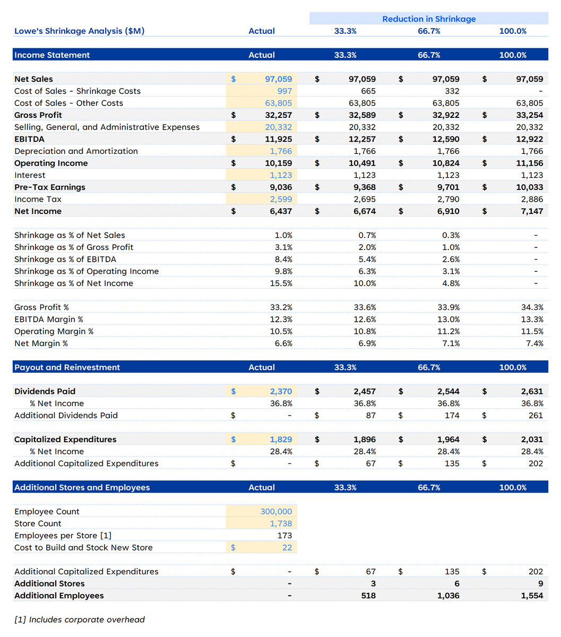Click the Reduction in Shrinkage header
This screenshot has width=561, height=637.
click(x=429, y=19)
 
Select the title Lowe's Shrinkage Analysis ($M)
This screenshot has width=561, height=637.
click(x=80, y=31)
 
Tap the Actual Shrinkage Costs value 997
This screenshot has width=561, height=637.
click(x=284, y=91)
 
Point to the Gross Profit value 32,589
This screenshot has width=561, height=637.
click(x=362, y=115)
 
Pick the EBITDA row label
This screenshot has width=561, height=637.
click(x=30, y=139)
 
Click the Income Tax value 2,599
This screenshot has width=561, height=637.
click(x=281, y=199)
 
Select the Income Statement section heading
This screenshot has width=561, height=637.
click(x=52, y=55)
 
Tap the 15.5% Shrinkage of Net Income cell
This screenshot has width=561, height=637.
click(x=281, y=283)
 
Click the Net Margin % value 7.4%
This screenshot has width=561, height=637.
click(x=534, y=343)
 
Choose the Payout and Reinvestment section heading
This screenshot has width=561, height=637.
click(x=67, y=367)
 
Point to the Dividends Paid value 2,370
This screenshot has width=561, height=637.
click(x=281, y=392)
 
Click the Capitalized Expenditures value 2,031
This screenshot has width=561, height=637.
click(x=532, y=440)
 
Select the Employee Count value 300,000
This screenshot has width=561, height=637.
click(x=276, y=512)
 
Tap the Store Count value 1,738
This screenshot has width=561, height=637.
click(x=281, y=523)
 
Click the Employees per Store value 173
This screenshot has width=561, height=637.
click(x=284, y=536)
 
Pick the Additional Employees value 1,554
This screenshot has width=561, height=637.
click(x=532, y=596)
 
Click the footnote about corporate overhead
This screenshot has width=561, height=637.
click(x=80, y=619)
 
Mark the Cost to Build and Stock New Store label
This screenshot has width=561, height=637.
click(x=83, y=548)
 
